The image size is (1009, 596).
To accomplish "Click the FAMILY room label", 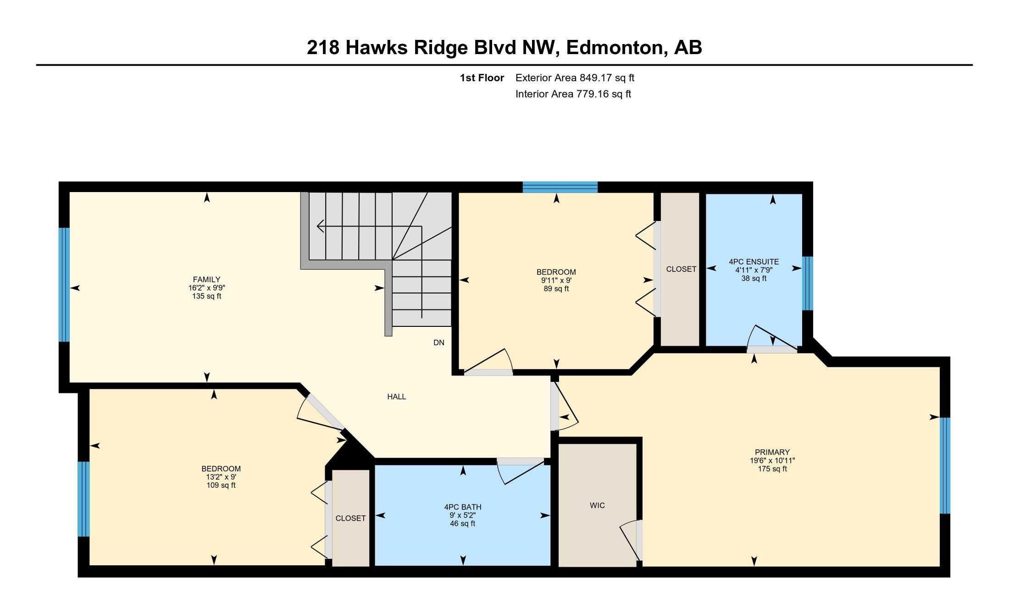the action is pyautogui.click(x=206, y=279).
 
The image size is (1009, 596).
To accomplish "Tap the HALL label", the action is pyautogui.click(x=396, y=397).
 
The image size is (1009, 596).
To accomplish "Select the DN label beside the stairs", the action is pyautogui.click(x=439, y=342).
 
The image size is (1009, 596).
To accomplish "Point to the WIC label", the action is pyautogui.click(x=597, y=505).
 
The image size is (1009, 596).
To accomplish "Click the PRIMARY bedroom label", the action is pyautogui.click(x=772, y=452).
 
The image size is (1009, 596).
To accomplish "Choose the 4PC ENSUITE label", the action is pyautogui.click(x=754, y=262).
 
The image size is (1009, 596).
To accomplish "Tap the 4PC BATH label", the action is pyautogui.click(x=463, y=507).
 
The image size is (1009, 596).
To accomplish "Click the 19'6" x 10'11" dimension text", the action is pyautogui.click(x=772, y=461).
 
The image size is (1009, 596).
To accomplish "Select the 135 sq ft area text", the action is pyautogui.click(x=207, y=296).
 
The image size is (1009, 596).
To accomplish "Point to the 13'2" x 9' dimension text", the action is pyautogui.click(x=221, y=477).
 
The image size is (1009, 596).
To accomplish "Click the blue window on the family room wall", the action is pyautogui.click(x=64, y=285).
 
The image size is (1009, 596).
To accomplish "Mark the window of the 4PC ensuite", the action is pyautogui.click(x=807, y=283).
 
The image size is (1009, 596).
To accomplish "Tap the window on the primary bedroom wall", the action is pyautogui.click(x=945, y=465).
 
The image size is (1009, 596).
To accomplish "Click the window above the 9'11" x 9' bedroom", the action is pyautogui.click(x=560, y=187).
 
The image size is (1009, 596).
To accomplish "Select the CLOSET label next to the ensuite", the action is pyautogui.click(x=681, y=269).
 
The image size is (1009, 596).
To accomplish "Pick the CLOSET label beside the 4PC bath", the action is pyautogui.click(x=350, y=518).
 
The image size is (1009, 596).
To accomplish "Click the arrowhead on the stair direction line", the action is pyautogui.click(x=320, y=226).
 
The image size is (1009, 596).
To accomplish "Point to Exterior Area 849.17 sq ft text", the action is pyautogui.click(x=575, y=77).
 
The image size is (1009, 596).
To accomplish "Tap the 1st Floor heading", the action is pyautogui.click(x=482, y=77).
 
